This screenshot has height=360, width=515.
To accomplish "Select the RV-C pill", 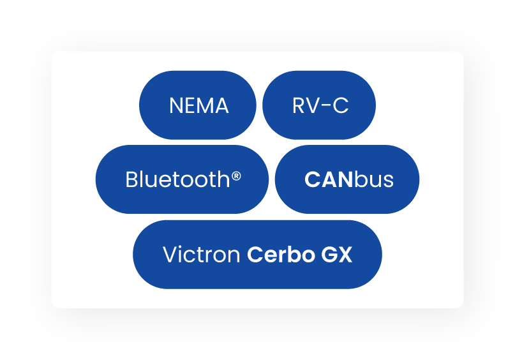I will (x=319, y=105).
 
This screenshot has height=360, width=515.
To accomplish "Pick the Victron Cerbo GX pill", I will (x=257, y=255).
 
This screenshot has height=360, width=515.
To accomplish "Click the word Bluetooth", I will (x=178, y=180).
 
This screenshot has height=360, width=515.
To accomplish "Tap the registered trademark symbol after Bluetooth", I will (x=236, y=176).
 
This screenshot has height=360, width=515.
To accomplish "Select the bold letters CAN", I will (x=329, y=180).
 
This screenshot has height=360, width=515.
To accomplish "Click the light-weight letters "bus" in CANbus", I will (x=374, y=180).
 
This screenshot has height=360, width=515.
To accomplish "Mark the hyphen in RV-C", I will (x=323, y=107).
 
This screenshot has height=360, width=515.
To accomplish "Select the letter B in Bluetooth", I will (x=131, y=180).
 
